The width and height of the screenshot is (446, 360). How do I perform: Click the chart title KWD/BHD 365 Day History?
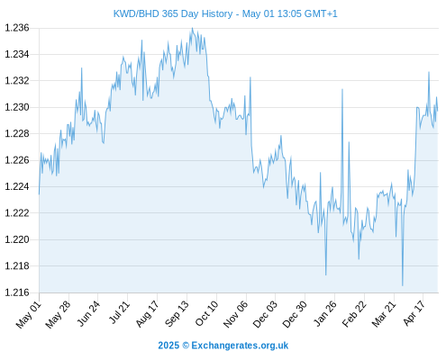(x=173, y=13)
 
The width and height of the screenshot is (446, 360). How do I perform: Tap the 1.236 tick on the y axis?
(x=17, y=28)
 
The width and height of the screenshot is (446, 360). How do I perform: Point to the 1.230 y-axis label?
(x=17, y=107)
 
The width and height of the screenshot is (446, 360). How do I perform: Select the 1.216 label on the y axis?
(x=17, y=292)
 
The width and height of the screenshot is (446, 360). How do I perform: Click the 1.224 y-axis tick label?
(x=17, y=186)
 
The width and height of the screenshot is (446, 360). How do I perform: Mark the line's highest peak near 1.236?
(x=193, y=28)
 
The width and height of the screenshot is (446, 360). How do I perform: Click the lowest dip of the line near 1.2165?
(x=403, y=285)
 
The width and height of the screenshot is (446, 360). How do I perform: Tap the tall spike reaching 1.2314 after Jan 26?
(x=342, y=89)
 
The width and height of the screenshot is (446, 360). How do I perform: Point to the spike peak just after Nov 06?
(x=250, y=77)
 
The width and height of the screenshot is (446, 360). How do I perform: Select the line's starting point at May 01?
(x=39, y=194)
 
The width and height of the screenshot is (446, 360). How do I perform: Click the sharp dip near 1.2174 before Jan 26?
(x=326, y=274)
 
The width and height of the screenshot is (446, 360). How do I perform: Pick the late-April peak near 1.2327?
(x=429, y=72)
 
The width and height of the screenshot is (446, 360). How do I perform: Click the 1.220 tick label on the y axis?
(x=17, y=239)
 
